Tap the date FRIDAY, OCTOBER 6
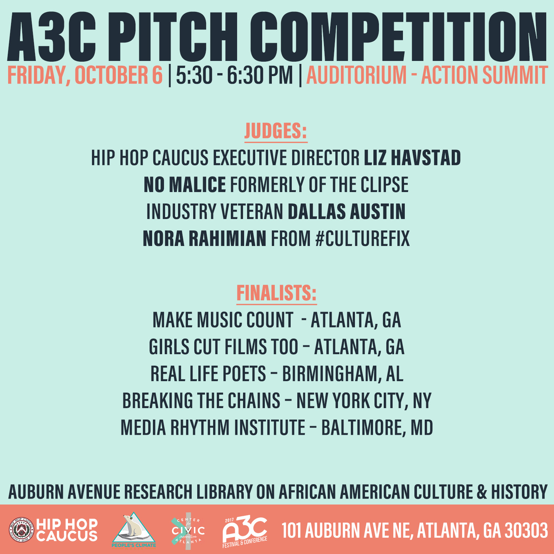point(85,75)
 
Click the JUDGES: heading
point(276,131)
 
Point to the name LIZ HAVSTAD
point(413,158)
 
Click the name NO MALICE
point(185,185)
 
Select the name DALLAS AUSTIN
point(347,212)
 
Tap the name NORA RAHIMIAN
point(204,239)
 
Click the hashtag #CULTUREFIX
point(363,239)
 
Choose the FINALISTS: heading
point(277,293)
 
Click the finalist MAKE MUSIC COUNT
point(223,320)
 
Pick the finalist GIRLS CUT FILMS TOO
point(223,347)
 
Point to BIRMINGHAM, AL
point(343,374)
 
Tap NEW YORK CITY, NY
point(364,401)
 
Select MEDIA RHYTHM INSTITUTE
point(213,428)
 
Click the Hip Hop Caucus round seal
point(22,530)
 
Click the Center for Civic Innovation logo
point(188,531)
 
